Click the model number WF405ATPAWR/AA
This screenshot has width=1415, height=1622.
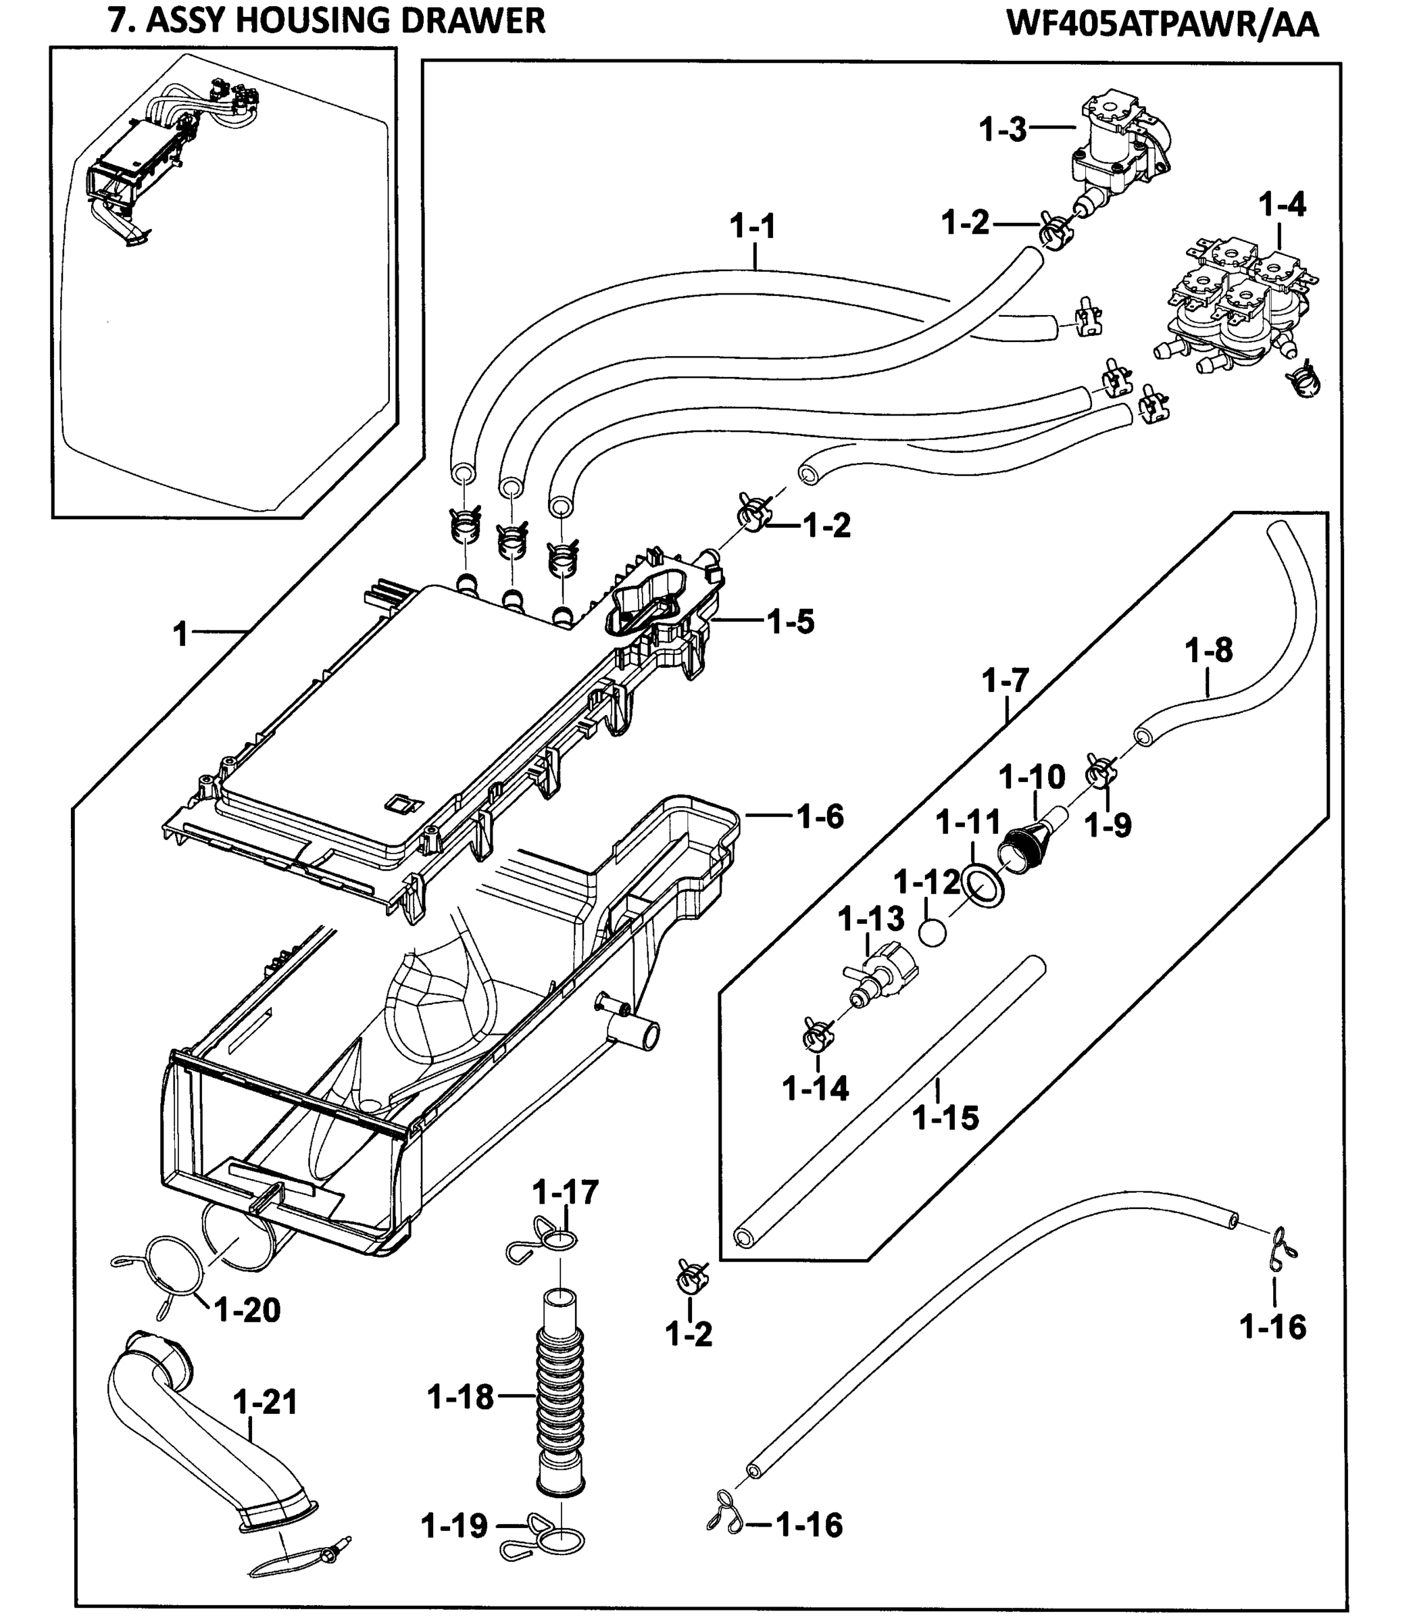(1162, 24)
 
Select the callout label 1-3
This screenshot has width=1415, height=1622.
(1002, 128)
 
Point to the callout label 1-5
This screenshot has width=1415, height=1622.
(791, 622)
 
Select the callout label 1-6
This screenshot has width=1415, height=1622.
(820, 816)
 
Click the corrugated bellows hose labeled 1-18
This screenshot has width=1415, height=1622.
(561, 1398)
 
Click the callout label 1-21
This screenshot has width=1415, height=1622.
(266, 1402)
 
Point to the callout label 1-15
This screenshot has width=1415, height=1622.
(945, 1117)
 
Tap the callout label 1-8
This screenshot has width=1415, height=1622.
(1208, 651)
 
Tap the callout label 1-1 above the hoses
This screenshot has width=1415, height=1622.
(753, 228)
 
